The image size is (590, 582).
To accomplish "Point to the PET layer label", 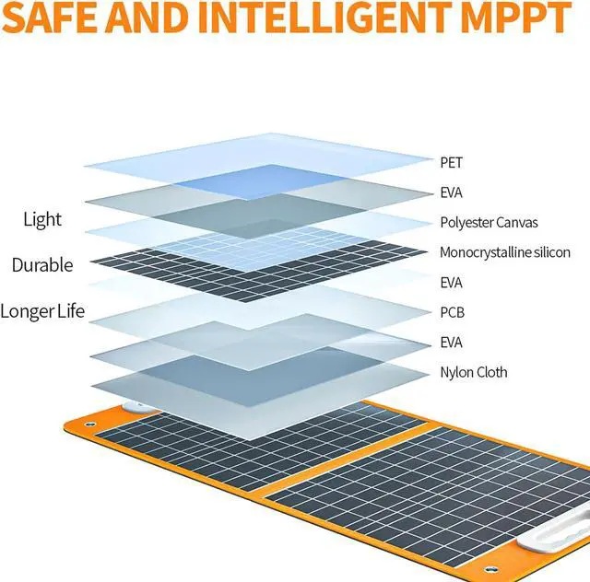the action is click(x=451, y=162).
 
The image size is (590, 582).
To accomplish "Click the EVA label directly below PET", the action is click(x=452, y=192).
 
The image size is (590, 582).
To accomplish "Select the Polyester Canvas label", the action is click(x=489, y=222).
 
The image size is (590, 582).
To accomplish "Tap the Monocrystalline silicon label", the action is click(x=504, y=251).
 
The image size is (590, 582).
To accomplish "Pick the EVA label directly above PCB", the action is click(x=452, y=282).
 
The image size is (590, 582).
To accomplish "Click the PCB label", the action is click(x=452, y=312).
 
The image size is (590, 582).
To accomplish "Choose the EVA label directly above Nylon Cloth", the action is click(x=452, y=343).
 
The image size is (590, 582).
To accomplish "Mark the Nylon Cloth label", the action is click(x=473, y=372).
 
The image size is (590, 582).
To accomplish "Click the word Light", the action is click(x=42, y=219).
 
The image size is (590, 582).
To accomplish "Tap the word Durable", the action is click(x=41, y=265).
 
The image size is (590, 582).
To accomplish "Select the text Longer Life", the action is click(x=42, y=311).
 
